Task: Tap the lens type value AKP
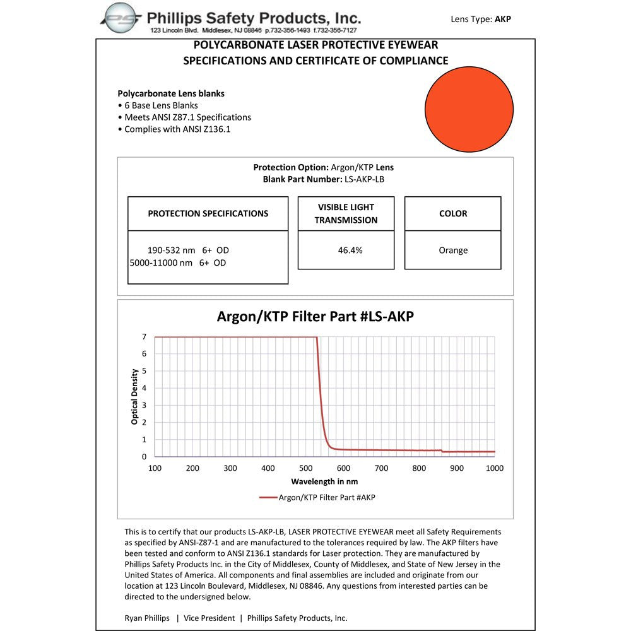pos(503,19)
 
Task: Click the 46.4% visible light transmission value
pos(350,250)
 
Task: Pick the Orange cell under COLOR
pos(453,250)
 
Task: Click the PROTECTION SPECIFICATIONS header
pos(208,213)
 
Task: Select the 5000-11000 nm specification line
pos(177,262)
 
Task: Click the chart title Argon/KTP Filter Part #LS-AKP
pos(315,316)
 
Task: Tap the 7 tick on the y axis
pos(144,337)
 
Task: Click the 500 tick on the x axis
pos(305,468)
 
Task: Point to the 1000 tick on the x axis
pos(494,468)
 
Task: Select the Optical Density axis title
pos(134,397)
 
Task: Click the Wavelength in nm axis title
pos(324,481)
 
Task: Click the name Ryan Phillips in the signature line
pos(147,618)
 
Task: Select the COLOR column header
pos(453,213)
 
